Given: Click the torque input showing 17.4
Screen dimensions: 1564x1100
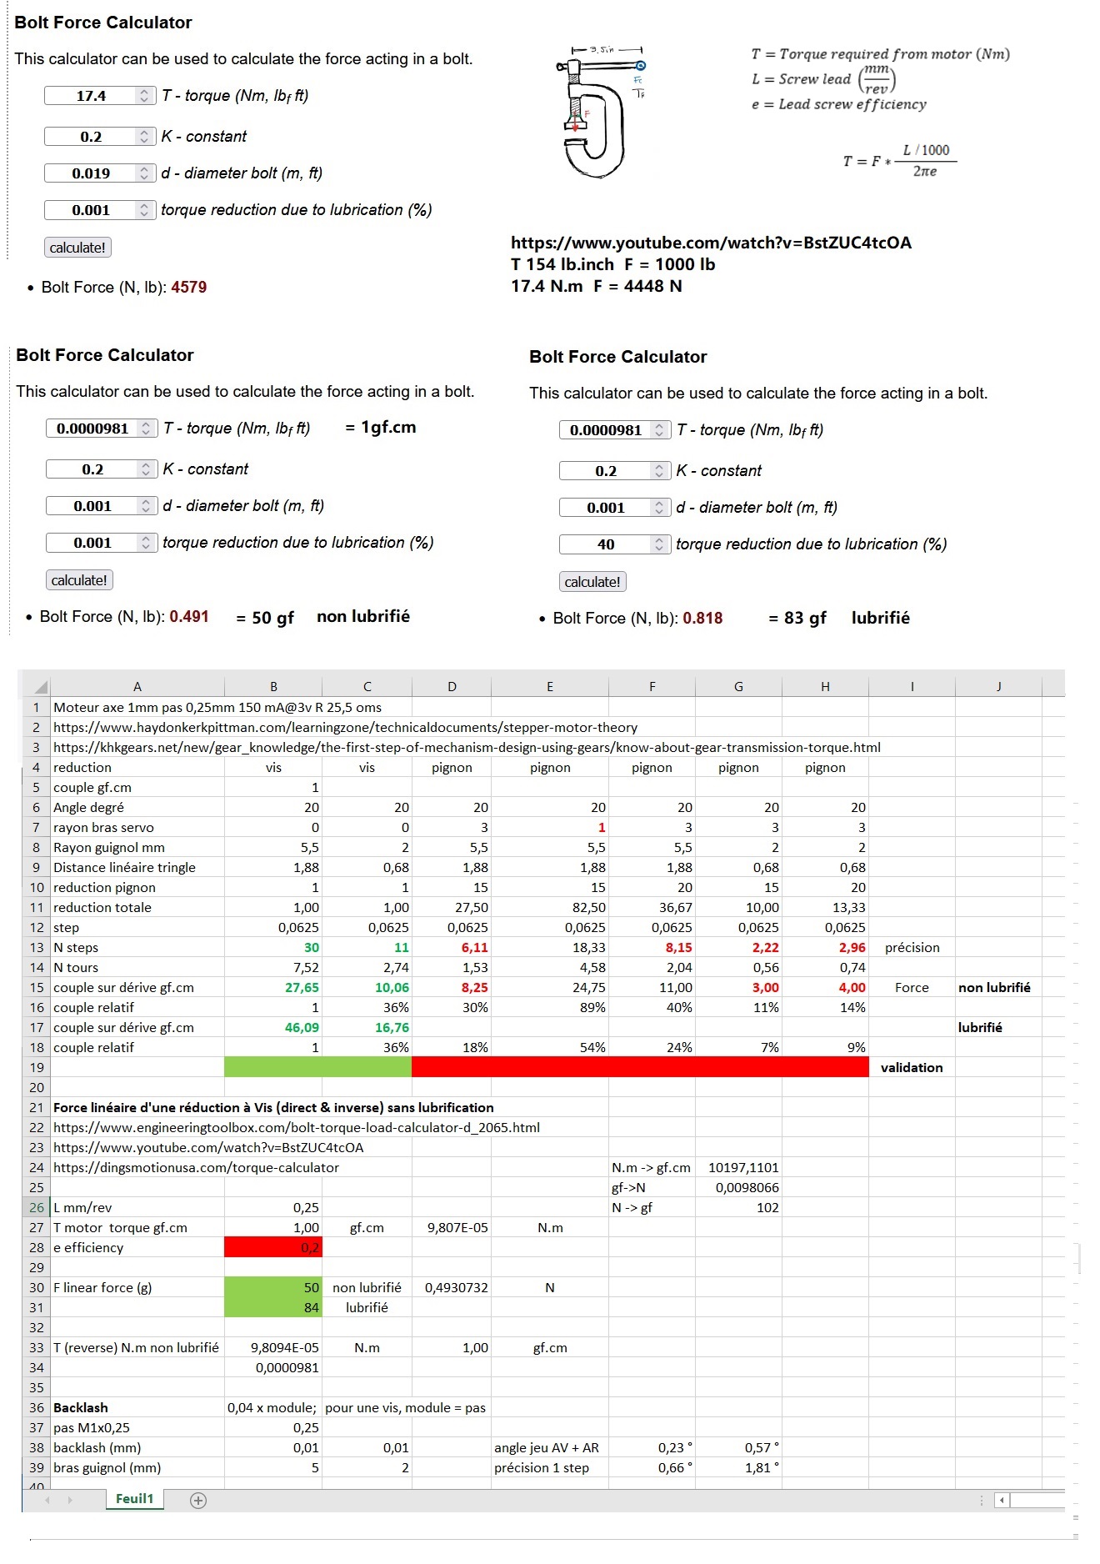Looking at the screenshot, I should pyautogui.click(x=92, y=96).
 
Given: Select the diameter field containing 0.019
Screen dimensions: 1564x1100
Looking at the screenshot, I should pyautogui.click(x=92, y=173).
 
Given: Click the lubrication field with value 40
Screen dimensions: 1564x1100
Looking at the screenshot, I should pyautogui.click(x=606, y=544).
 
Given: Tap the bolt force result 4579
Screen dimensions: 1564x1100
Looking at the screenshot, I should pyautogui.click(x=189, y=288).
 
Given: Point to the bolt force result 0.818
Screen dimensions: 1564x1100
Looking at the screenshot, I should pyautogui.click(x=702, y=619).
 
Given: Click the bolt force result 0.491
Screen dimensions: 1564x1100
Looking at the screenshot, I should pyautogui.click(x=189, y=617).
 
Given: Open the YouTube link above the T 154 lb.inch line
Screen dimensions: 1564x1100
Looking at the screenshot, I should pyautogui.click(x=711, y=243).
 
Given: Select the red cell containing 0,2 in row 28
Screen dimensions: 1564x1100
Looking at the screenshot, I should pyautogui.click(x=273, y=1248).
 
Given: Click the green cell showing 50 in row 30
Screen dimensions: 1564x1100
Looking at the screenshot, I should pyautogui.click(x=273, y=1288).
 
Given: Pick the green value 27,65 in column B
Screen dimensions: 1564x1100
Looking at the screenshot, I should pyautogui.click(x=302, y=988).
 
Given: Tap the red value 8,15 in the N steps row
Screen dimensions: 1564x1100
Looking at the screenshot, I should pyautogui.click(x=678, y=948).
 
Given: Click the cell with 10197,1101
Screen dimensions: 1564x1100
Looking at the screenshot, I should pyautogui.click(x=743, y=1168).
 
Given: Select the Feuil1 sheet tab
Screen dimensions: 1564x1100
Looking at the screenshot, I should pyautogui.click(x=134, y=1499).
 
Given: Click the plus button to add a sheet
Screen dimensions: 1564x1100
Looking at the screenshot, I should pyautogui.click(x=198, y=1501).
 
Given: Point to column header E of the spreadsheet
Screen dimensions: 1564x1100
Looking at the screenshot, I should pyautogui.click(x=550, y=687).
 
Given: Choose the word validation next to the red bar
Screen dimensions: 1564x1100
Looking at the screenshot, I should pyautogui.click(x=912, y=1068).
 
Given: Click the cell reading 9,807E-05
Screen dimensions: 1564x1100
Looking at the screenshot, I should pyautogui.click(x=457, y=1228).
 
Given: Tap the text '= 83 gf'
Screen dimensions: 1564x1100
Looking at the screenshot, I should pyautogui.click(x=797, y=619).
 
